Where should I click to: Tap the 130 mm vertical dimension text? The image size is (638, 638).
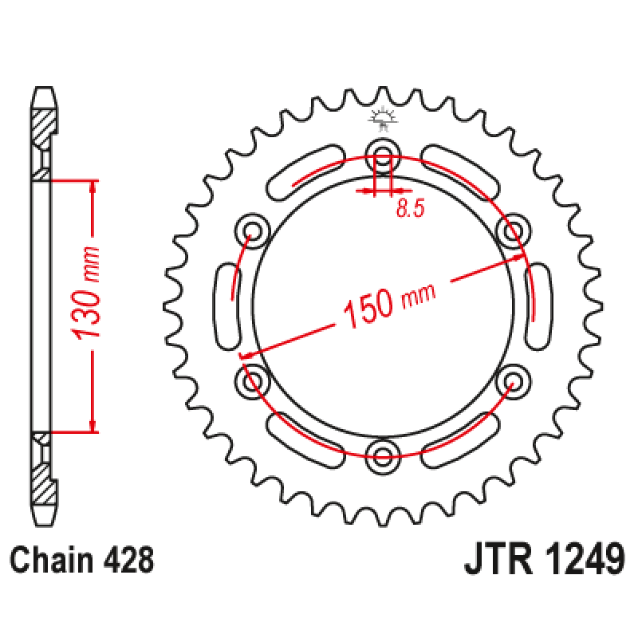coord(85,293)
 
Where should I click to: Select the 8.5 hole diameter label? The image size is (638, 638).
coord(410,208)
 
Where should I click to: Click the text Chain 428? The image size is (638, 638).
coord(82,561)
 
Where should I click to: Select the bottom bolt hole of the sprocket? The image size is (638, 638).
coord(383,456)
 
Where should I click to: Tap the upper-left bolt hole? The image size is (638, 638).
coord(252,230)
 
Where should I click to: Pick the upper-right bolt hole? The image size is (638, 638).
coord(513,230)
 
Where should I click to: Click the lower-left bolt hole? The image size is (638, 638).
coord(252,381)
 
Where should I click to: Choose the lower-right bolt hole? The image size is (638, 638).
coord(513,381)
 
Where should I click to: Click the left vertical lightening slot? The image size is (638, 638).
coord(227,306)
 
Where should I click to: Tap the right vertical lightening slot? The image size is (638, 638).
coord(538,306)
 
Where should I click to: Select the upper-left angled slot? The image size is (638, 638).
coord(305,172)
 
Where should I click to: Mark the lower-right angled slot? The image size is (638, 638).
coord(460,441)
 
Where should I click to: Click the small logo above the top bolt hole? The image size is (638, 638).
coord(383,118)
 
